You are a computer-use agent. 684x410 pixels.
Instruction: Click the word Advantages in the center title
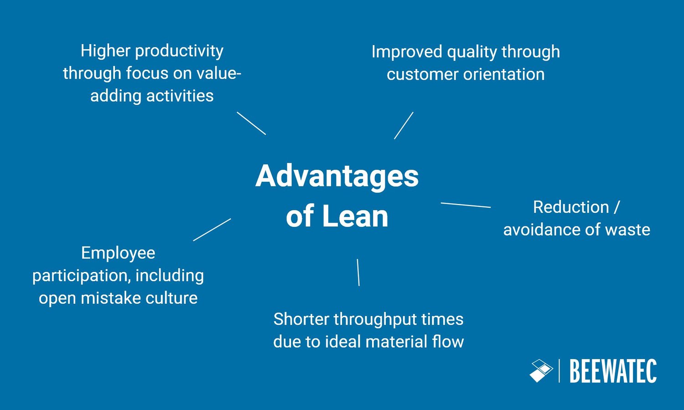click(337, 176)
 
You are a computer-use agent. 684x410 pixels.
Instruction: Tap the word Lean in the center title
click(355, 216)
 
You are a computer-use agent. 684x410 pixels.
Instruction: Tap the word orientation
click(504, 74)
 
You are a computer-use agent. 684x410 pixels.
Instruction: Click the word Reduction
click(571, 207)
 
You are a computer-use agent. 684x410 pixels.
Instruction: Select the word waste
click(627, 230)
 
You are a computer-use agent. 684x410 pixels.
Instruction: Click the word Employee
click(118, 253)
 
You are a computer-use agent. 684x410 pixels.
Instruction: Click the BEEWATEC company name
click(613, 371)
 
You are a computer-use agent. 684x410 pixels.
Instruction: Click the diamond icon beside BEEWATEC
click(541, 371)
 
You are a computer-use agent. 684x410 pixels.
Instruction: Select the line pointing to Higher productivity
click(251, 123)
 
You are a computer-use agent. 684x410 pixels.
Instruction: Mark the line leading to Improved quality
click(404, 125)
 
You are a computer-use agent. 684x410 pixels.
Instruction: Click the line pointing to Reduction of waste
click(466, 205)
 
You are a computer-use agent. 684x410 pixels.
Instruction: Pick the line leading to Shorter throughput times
click(358, 272)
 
